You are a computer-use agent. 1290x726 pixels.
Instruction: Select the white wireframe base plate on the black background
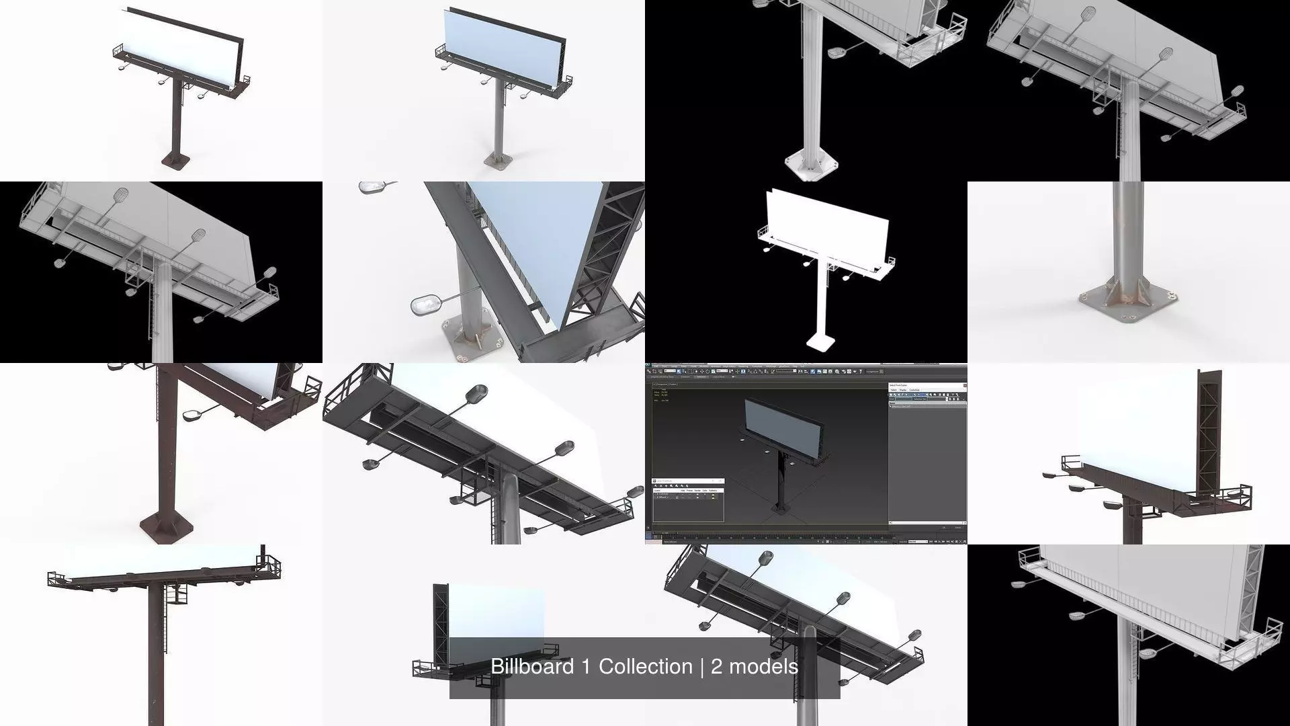pos(812,165)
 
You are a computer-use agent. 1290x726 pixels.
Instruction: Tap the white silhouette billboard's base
pos(820,344)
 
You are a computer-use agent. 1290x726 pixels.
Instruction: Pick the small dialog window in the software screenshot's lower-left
pos(688,500)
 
